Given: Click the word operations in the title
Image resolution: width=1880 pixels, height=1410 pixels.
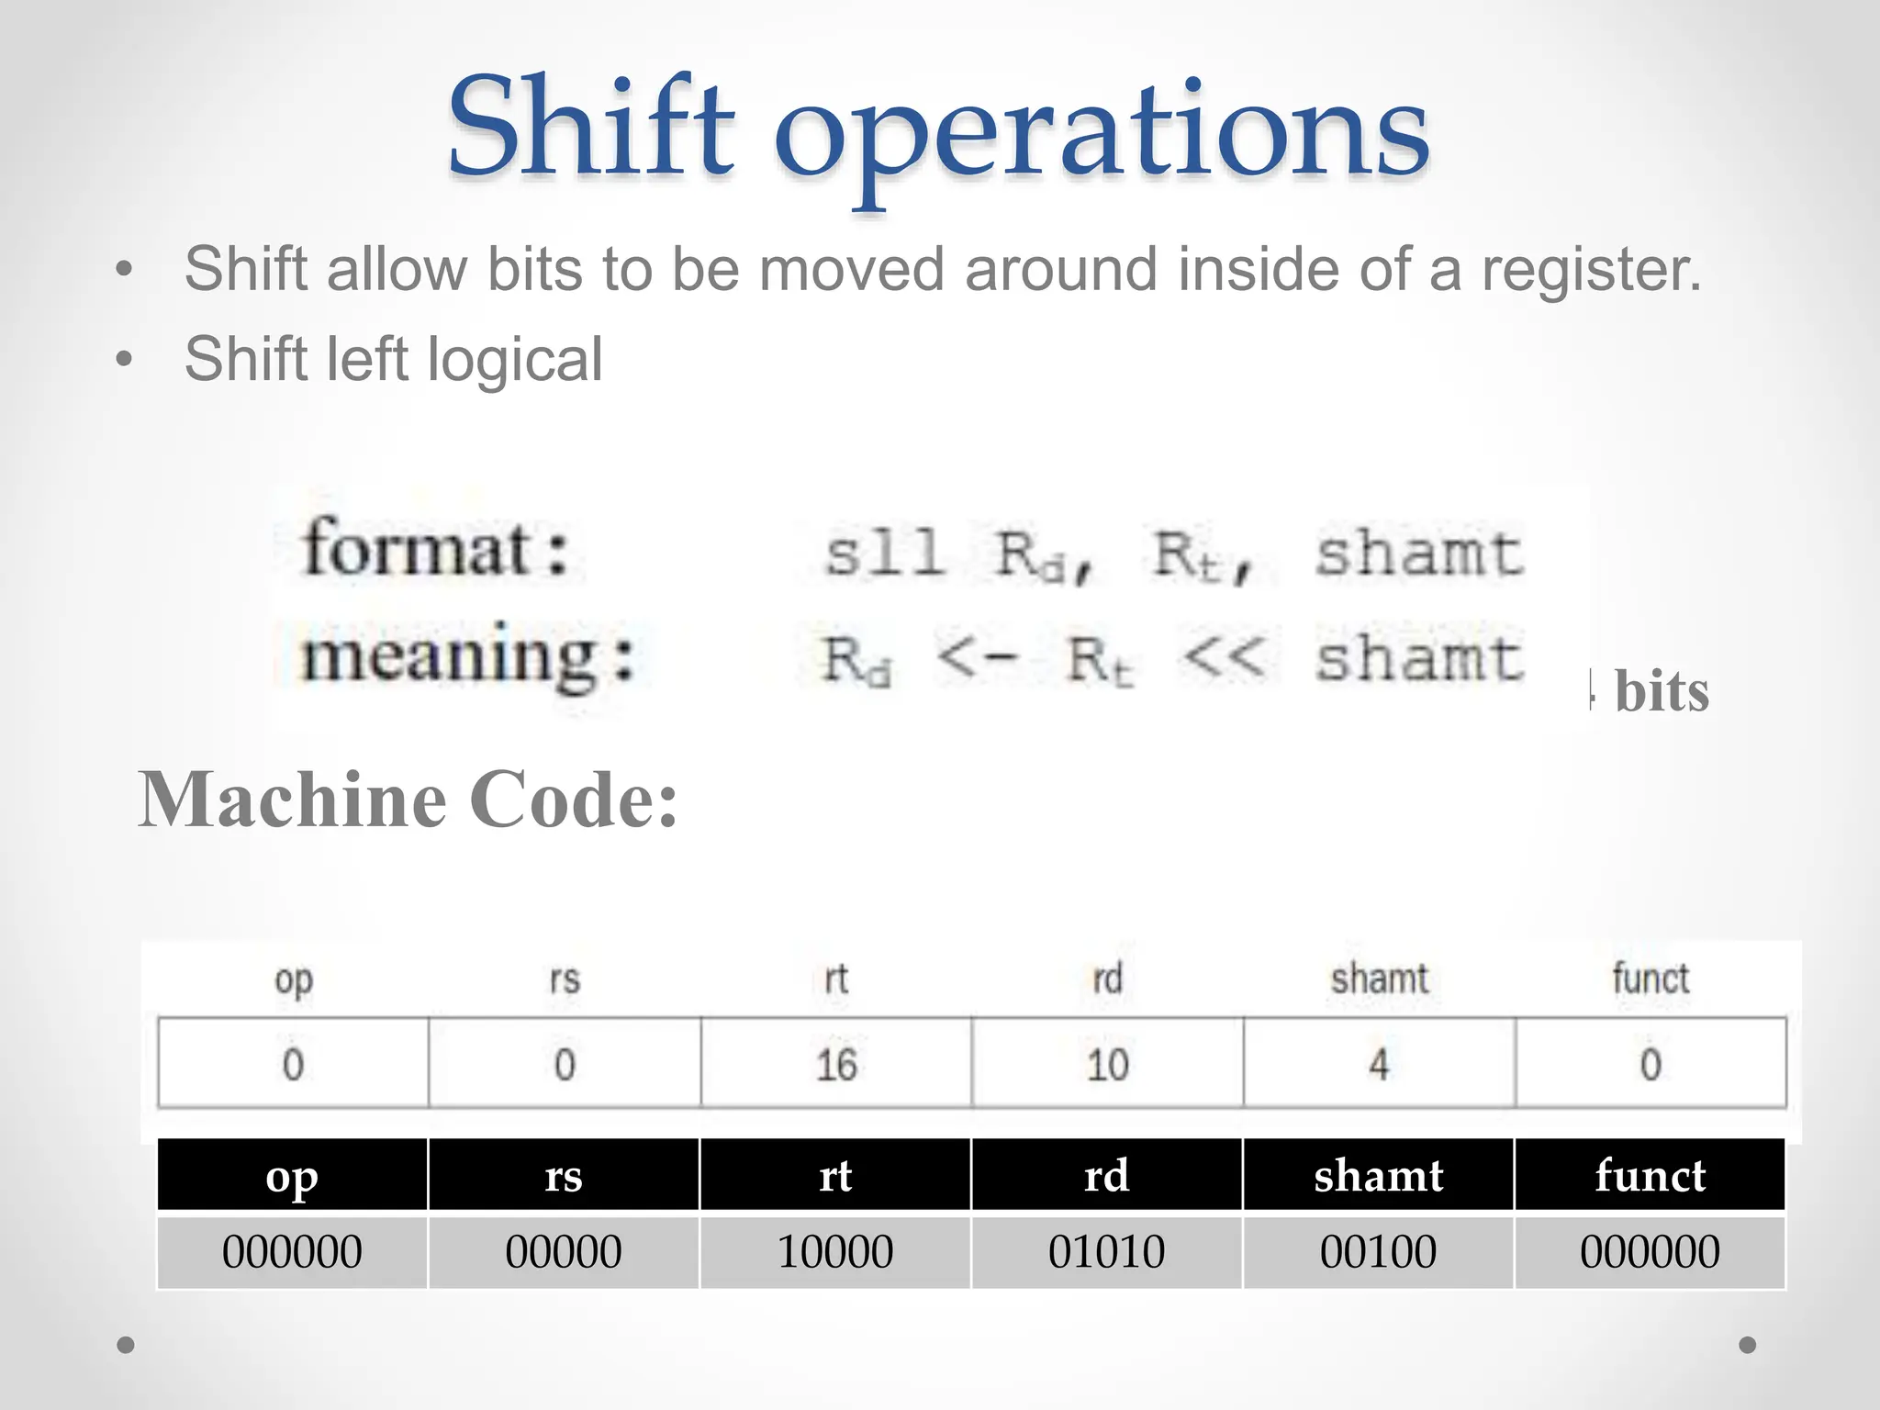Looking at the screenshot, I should (x=1102, y=133).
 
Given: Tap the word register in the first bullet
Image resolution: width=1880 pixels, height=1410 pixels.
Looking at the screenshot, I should (x=1592, y=270).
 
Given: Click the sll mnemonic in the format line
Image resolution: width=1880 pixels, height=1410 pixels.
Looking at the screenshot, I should (x=884, y=553).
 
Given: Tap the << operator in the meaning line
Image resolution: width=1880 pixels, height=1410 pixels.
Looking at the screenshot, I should (x=1224, y=657).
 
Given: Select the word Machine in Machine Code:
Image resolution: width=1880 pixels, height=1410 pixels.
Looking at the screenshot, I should (x=293, y=800).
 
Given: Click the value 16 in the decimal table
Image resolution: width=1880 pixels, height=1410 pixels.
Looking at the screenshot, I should (x=836, y=1065).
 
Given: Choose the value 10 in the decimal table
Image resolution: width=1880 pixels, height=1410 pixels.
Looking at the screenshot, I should (x=1107, y=1065).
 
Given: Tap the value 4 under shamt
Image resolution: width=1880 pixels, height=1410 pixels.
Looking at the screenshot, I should (x=1379, y=1065).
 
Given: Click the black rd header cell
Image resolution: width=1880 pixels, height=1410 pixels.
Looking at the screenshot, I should (x=1107, y=1176).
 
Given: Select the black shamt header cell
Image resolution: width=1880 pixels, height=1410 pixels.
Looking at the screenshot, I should (x=1378, y=1176).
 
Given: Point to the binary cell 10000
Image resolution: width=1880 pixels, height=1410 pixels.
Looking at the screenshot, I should (x=835, y=1252).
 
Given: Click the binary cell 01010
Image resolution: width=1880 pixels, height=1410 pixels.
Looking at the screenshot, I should (x=1107, y=1252).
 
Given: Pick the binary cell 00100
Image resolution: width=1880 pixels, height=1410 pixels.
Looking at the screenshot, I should (x=1378, y=1252).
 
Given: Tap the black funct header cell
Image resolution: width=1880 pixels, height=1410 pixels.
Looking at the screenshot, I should (x=1650, y=1176).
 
